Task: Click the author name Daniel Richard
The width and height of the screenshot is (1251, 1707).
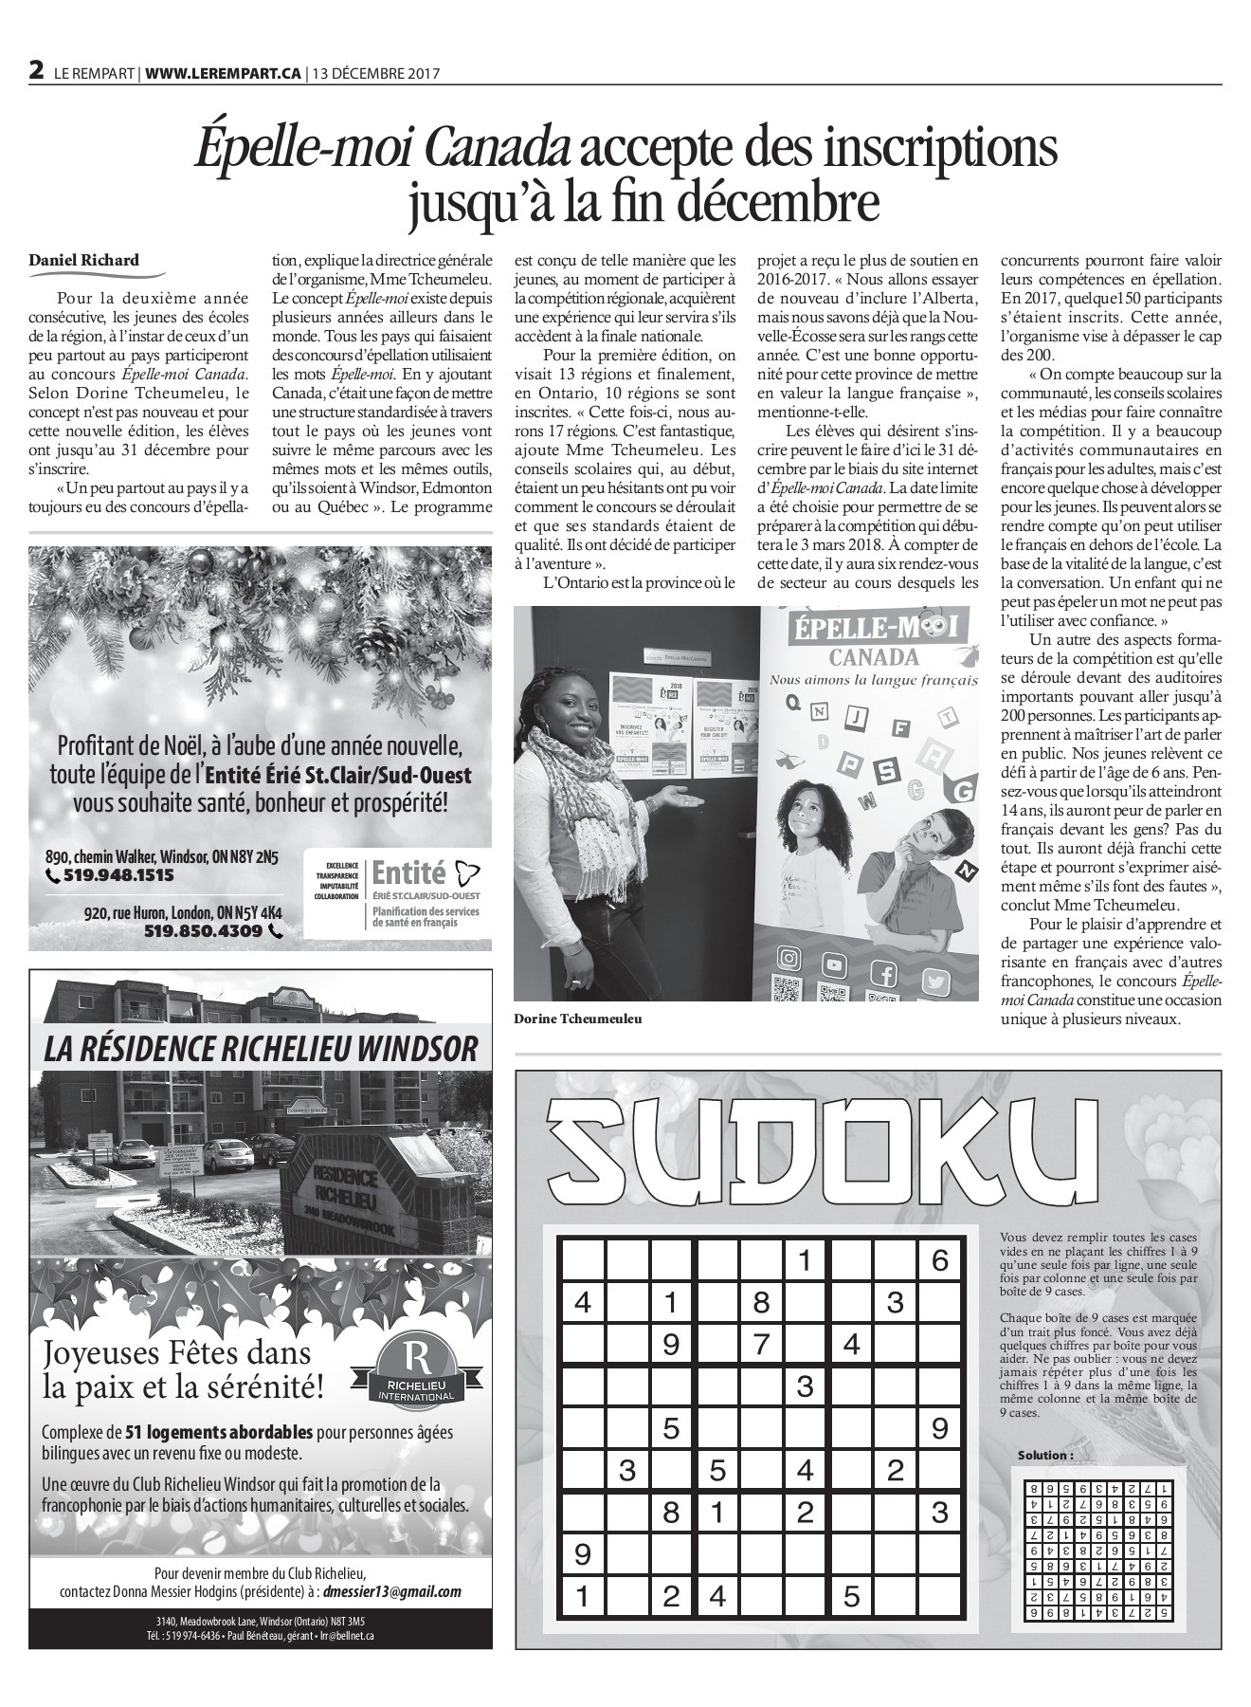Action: tap(83, 260)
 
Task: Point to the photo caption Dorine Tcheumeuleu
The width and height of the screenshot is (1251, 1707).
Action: tap(572, 1019)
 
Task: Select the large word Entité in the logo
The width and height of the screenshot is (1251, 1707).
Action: tap(408, 871)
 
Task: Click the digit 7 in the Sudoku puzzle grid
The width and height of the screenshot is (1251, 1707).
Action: tap(760, 1344)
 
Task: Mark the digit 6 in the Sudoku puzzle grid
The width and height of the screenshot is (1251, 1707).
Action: tap(939, 1260)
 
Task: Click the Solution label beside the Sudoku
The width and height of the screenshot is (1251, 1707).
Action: tap(1045, 1455)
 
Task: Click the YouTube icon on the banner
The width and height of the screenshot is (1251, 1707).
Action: tap(835, 965)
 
